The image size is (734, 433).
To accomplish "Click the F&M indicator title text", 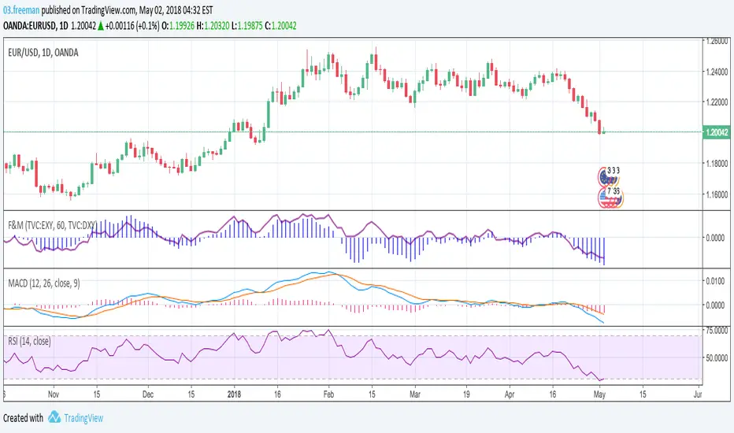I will [56, 223].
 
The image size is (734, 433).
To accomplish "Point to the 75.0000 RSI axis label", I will [715, 331].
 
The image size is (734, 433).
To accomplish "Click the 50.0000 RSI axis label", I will [715, 358].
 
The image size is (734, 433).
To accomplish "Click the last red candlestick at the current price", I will [601, 128].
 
